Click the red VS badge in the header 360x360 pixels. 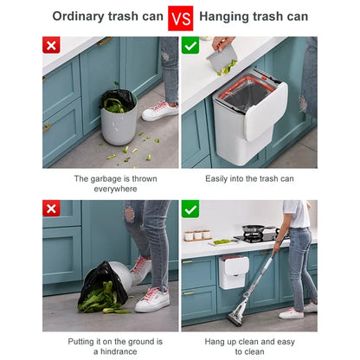pos(179,17)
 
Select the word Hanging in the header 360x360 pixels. pos(227,16)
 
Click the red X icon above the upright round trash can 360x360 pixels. pos(52,46)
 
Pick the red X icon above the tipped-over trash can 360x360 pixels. pos(52,209)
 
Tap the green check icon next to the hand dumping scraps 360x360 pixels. pos(190,46)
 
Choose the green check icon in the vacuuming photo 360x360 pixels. pos(190,209)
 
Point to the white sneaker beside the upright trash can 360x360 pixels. pos(160,110)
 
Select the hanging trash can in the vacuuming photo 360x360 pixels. pos(234,271)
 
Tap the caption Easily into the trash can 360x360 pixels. pos(249,178)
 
